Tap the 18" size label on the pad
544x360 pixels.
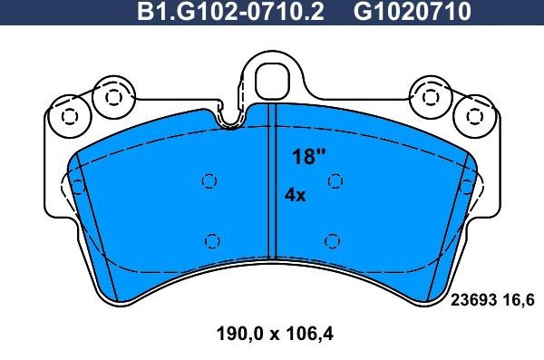[x=308, y=156]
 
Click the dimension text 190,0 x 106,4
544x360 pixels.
[x=276, y=333]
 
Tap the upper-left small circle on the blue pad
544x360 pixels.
[x=209, y=180]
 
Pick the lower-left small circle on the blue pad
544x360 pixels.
[x=212, y=240]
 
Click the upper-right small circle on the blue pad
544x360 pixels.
[x=335, y=180]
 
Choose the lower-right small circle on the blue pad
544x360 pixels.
[x=332, y=240]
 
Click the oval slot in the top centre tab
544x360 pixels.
[x=271, y=78]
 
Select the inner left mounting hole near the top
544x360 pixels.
[x=113, y=96]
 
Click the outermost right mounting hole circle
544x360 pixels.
[x=471, y=115]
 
